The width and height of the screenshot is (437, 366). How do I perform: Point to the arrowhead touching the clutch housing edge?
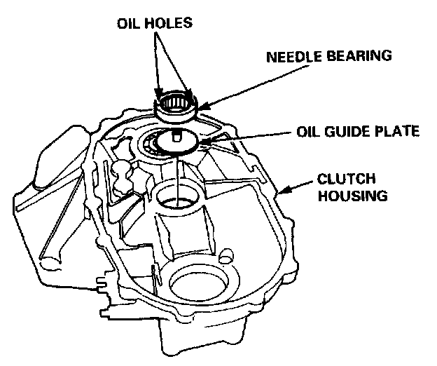pyautogui.click(x=280, y=190)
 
